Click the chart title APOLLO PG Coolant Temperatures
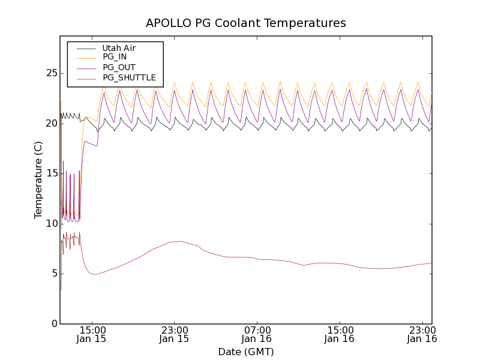tap(246, 23)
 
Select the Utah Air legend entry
tap(119, 48)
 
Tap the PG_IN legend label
tap(115, 57)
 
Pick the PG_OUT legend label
tap(119, 67)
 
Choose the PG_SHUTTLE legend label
tap(129, 77)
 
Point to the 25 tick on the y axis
tap(50, 73)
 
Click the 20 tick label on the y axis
tap(50, 123)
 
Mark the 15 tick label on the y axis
tap(50, 173)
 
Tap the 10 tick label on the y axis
tap(50, 223)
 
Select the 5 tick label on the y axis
tap(53, 274)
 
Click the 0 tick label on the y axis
tap(53, 323)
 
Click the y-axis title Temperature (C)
tap(38, 180)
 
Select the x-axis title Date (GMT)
tap(246, 352)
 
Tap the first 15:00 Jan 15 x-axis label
tap(92, 334)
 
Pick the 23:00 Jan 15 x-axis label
tap(174, 334)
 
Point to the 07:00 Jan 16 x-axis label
tap(257, 334)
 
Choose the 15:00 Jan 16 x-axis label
tap(340, 334)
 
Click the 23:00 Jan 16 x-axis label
tap(422, 334)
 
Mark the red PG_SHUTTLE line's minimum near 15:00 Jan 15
tap(94, 274)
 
